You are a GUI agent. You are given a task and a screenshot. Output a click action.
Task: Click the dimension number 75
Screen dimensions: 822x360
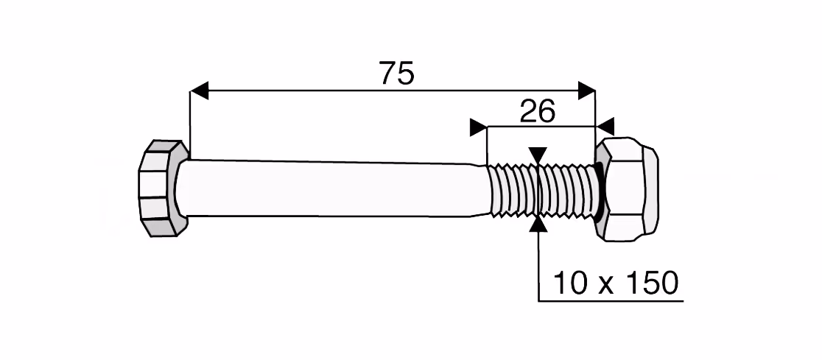[x=397, y=73]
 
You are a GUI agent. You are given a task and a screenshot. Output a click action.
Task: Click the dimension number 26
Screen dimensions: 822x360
[x=538, y=112]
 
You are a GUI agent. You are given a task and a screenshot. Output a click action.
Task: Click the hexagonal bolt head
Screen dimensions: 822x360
[x=163, y=188]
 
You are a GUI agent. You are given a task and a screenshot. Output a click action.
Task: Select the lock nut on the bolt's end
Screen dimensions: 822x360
[x=627, y=189]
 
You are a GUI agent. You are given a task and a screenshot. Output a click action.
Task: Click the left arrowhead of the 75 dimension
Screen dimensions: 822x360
[x=199, y=90]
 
